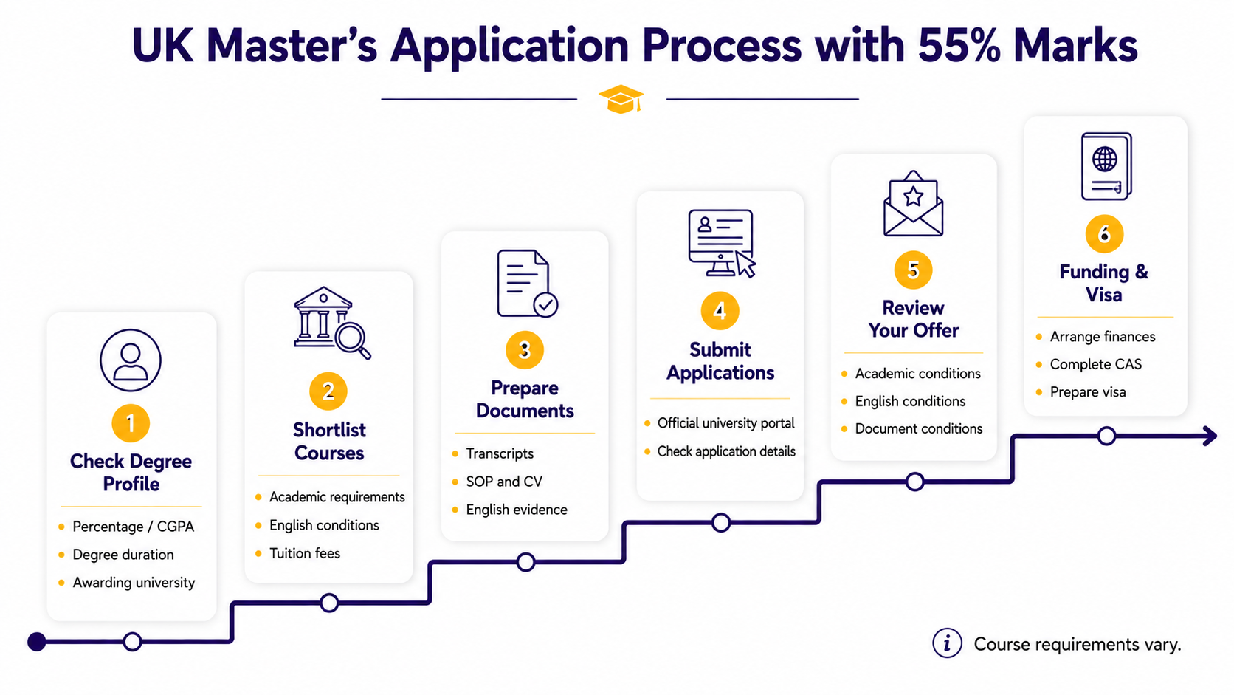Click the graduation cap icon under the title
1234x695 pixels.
[x=621, y=99]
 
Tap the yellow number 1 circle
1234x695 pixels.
[x=131, y=423]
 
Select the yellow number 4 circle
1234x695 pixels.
[x=720, y=311]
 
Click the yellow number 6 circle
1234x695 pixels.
[x=1104, y=233]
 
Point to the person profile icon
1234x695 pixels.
[x=131, y=360]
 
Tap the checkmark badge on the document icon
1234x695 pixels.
[x=545, y=304]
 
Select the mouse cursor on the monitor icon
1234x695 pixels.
[x=745, y=264]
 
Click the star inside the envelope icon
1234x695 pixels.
[x=914, y=196]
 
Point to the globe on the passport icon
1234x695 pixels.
[x=1105, y=160]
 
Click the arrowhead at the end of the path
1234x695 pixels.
[x=1210, y=436]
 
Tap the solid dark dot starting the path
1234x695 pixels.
[x=37, y=642]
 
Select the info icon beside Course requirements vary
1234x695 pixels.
[x=947, y=643]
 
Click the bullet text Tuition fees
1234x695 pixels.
[x=305, y=553]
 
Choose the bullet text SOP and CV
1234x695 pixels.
[x=504, y=482]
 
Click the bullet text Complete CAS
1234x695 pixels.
[x=1096, y=364]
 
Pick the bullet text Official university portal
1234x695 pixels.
[x=726, y=423]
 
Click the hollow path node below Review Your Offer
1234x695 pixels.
[x=914, y=482]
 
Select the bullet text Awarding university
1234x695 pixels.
[x=134, y=583]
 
